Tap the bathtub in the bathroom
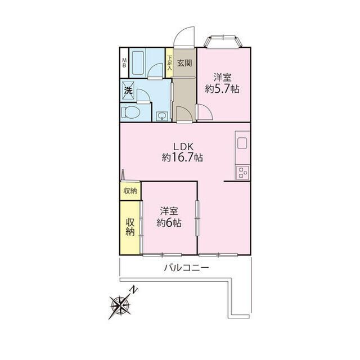pyautogui.click(x=138, y=63)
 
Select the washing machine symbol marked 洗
pyautogui.click(x=128, y=90)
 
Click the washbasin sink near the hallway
pyautogui.click(x=163, y=116)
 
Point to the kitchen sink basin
pyautogui.click(x=242, y=143)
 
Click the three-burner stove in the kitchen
pyautogui.click(x=242, y=173)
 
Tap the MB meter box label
pyautogui.click(x=124, y=62)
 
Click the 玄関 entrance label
pyautogui.click(x=184, y=63)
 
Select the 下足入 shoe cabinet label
pyautogui.click(x=169, y=63)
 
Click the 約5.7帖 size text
pyautogui.click(x=222, y=89)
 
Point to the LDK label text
pyautogui.click(x=184, y=147)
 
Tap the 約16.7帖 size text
pyautogui.click(x=182, y=157)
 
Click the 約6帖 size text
pyautogui.click(x=169, y=223)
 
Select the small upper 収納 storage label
pyautogui.click(x=130, y=191)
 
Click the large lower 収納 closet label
pyautogui.click(x=130, y=227)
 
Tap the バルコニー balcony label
pyautogui.click(x=186, y=268)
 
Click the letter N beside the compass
pyautogui.click(x=133, y=290)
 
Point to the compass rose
pyautogui.click(x=120, y=306)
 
